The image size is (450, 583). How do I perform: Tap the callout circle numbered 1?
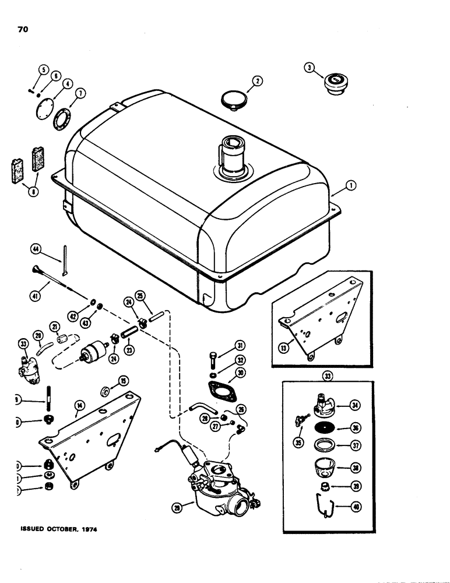(351, 187)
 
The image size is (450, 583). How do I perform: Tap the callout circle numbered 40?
(356, 506)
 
